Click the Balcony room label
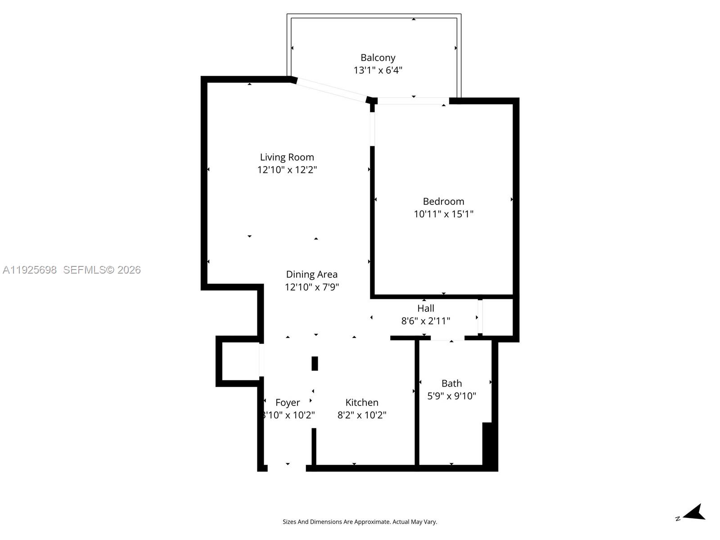(x=378, y=58)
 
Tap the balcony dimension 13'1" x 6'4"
(x=378, y=70)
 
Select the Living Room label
(x=287, y=157)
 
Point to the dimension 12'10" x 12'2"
(x=287, y=170)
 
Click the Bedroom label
(x=443, y=201)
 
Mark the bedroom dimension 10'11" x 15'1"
(x=443, y=214)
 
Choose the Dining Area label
(x=311, y=274)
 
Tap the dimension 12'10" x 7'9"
(x=311, y=287)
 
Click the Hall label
(x=425, y=308)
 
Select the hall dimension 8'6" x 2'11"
(x=425, y=321)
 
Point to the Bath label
(x=451, y=383)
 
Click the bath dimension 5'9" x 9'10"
(x=451, y=396)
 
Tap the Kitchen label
(x=362, y=402)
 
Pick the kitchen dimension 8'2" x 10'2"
(x=362, y=415)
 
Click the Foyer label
(x=288, y=402)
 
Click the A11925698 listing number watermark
(x=30, y=270)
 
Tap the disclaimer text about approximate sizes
(x=360, y=522)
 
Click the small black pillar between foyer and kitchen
(x=315, y=363)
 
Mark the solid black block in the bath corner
(x=490, y=445)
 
